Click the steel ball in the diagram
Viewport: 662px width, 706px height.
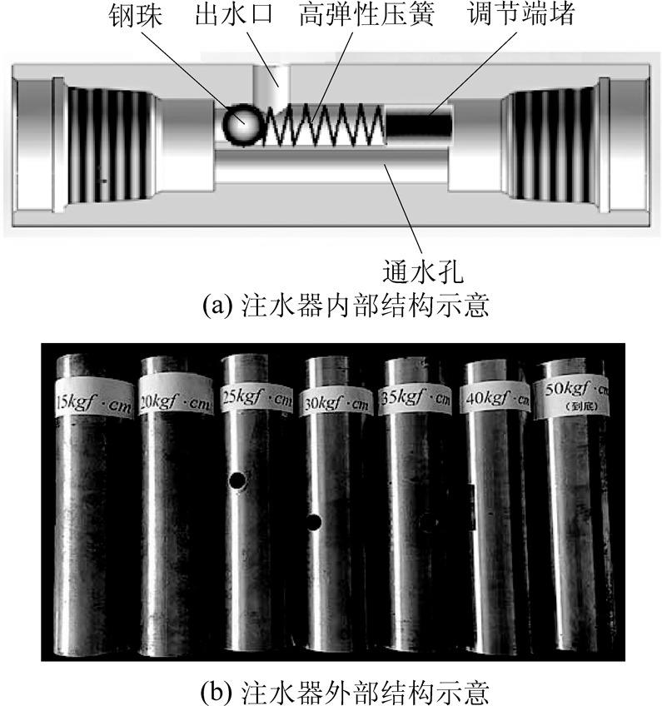click(x=241, y=126)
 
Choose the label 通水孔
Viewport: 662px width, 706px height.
click(x=415, y=271)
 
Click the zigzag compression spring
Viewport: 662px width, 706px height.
click(x=322, y=126)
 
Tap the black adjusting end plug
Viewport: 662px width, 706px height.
click(x=419, y=127)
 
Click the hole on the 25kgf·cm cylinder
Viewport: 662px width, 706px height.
click(x=237, y=481)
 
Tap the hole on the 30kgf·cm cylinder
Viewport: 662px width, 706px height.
click(x=314, y=522)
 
